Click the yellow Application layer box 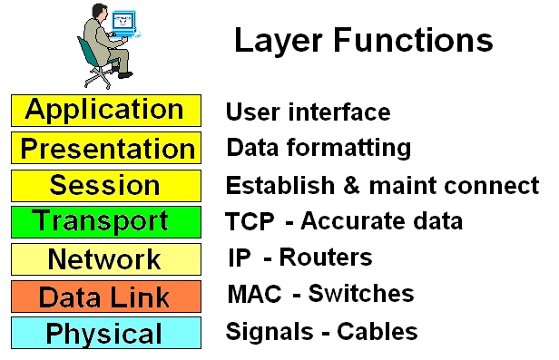pyautogui.click(x=105, y=111)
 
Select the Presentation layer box pyautogui.click(x=105, y=148)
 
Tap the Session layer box pyautogui.click(x=105, y=186)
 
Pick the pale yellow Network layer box pyautogui.click(x=105, y=259)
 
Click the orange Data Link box pyautogui.click(x=105, y=297)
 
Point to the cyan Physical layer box pyautogui.click(x=105, y=333)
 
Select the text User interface pyautogui.click(x=308, y=112)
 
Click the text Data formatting pyautogui.click(x=318, y=148)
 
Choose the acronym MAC pyautogui.click(x=248, y=294)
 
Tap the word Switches pyautogui.click(x=360, y=294)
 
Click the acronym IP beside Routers pyautogui.click(x=239, y=258)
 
